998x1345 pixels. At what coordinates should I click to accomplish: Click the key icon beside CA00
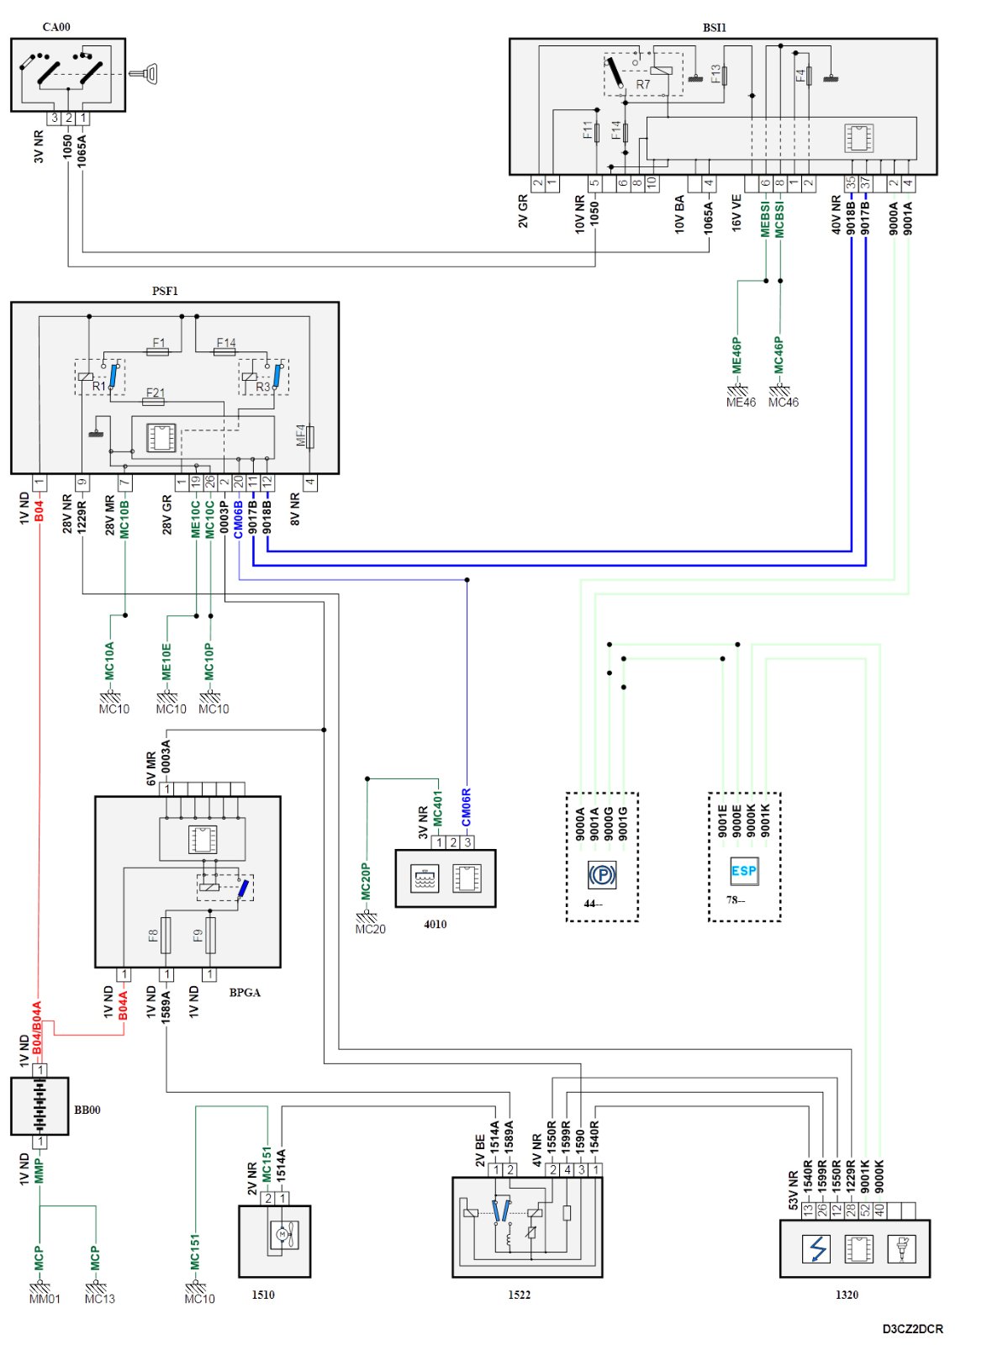tap(145, 74)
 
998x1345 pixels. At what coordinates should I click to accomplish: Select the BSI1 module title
tap(714, 28)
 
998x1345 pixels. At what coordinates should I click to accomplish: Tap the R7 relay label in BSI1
tap(642, 84)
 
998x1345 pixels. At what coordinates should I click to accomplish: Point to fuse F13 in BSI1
tap(725, 75)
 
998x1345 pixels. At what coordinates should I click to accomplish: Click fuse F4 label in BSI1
tap(800, 76)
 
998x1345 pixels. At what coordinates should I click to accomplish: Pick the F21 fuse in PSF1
tap(155, 401)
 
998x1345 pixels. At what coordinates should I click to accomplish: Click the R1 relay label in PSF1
tap(99, 387)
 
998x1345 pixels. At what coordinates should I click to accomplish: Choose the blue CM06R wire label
tap(466, 806)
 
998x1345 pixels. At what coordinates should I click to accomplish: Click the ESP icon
tap(743, 872)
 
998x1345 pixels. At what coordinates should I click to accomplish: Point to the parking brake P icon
tap(602, 874)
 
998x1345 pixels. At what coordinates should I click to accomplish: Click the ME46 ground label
tap(741, 402)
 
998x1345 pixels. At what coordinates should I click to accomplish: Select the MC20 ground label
tap(370, 929)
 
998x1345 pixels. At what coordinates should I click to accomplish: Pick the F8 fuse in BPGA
tap(165, 935)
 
